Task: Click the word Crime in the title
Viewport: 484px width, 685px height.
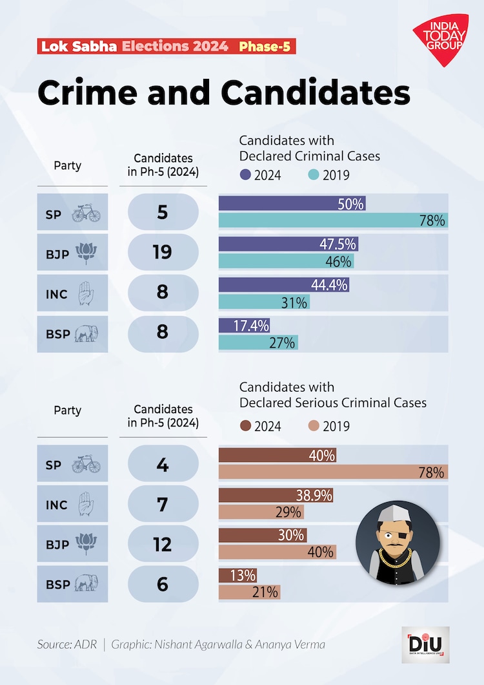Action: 88,93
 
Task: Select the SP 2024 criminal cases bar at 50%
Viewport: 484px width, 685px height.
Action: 292,204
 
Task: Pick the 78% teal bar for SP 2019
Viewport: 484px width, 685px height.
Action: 333,221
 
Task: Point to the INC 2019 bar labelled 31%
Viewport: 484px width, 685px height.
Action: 264,302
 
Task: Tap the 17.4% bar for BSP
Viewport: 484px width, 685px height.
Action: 244,326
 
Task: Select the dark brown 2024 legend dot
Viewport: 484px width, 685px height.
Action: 245,426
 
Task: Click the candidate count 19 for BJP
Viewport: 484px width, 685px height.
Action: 162,251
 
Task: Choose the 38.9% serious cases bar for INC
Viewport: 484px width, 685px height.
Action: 276,496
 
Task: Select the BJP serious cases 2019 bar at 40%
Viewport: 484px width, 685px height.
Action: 277,552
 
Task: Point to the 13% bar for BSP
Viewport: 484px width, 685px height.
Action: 238,575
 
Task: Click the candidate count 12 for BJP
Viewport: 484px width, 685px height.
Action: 162,544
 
